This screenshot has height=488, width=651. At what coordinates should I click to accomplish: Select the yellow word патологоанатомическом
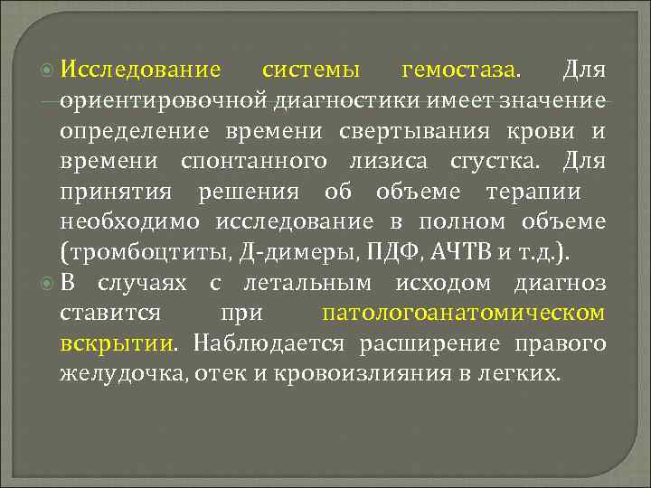pos(463,313)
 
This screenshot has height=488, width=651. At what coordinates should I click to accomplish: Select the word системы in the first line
pos(310,69)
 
